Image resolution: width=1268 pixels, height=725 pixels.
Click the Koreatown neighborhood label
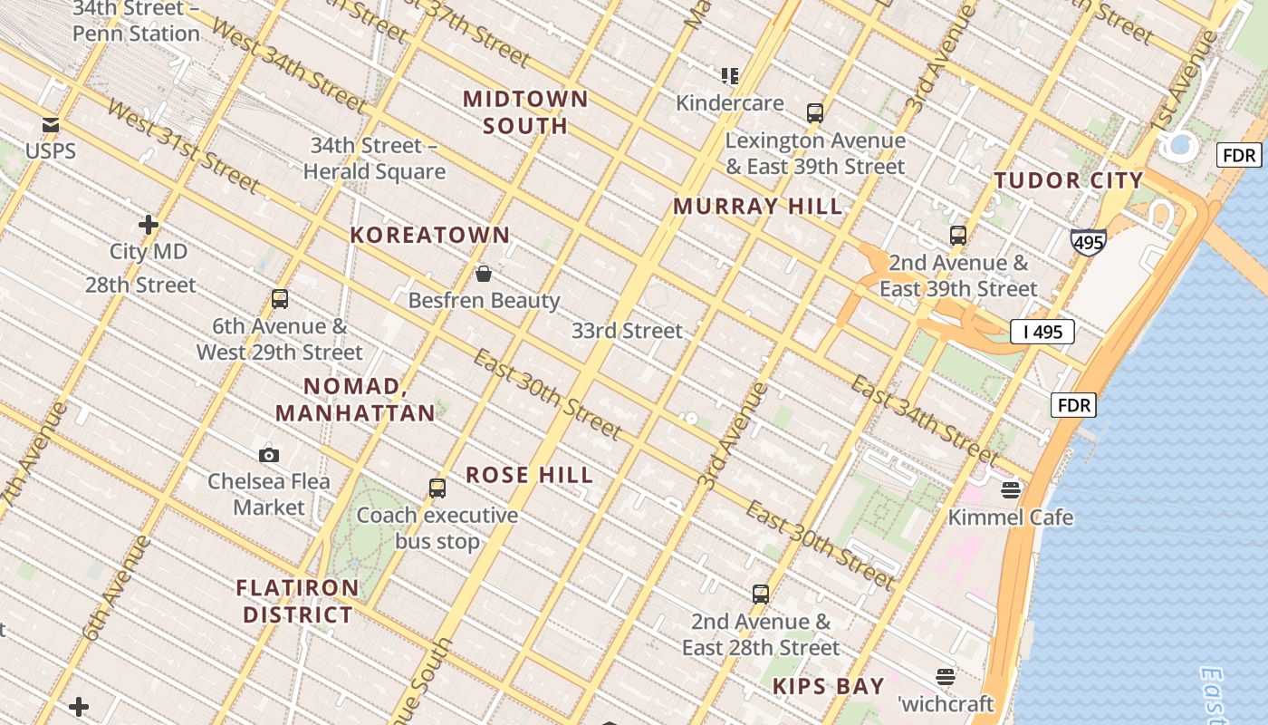430,235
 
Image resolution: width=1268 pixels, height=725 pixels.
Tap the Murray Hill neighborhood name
758,207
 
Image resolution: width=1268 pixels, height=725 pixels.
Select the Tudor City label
1069,179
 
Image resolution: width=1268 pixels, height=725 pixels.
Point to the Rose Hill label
530,475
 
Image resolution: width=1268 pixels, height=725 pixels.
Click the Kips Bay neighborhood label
828,687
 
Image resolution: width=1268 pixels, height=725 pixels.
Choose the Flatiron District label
298,601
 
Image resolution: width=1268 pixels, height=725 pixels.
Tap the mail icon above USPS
51,125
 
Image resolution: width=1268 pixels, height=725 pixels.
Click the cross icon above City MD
149,225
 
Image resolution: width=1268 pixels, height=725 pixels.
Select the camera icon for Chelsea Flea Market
269,455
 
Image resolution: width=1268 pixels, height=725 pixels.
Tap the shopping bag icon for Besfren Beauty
484,274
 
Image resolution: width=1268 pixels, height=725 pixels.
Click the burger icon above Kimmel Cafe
1011,490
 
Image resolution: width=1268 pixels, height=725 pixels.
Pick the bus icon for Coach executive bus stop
437,488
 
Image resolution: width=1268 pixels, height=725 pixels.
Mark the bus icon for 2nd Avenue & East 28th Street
761,594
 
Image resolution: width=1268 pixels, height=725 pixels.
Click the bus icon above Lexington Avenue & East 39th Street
815,113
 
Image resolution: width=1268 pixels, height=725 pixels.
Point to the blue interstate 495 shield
1087,242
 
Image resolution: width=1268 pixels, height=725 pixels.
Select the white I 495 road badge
1042,332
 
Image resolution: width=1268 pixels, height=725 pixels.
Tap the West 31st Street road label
182,146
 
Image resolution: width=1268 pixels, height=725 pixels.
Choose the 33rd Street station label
627,331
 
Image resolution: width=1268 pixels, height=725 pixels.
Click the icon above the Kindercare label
730,76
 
